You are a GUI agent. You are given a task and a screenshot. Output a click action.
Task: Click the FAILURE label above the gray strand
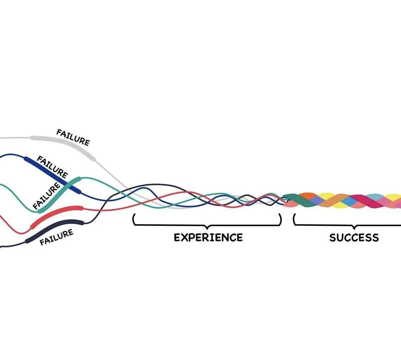click(73, 137)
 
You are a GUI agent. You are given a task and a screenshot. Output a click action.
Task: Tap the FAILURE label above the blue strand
click(52, 167)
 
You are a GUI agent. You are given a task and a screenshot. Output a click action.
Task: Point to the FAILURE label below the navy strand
click(56, 237)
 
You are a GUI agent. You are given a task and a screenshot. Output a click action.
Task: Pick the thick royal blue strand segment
click(50, 173)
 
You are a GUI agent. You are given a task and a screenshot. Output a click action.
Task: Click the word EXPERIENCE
click(208, 237)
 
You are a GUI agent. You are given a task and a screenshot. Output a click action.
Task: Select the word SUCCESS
click(354, 238)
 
